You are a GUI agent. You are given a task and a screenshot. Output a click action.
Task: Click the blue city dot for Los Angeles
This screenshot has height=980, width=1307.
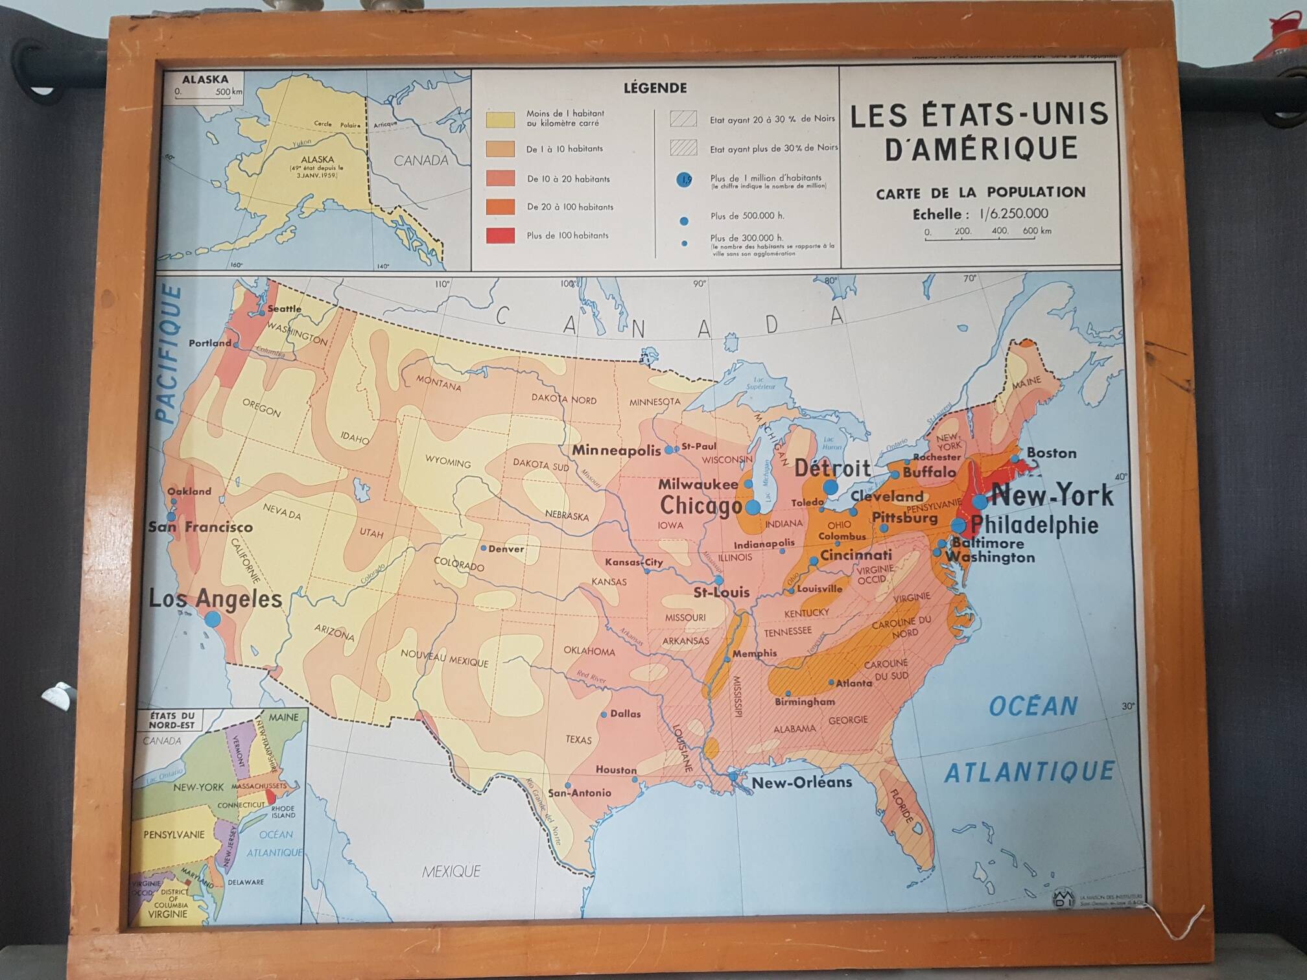click(x=213, y=619)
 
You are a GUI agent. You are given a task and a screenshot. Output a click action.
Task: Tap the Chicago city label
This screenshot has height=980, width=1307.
click(x=701, y=505)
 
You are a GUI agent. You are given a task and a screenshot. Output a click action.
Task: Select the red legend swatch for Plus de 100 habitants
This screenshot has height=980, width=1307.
click(x=500, y=235)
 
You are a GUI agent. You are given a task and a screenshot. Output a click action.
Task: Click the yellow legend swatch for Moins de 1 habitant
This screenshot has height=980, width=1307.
click(x=500, y=119)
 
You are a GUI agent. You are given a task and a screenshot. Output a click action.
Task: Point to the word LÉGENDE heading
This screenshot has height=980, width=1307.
click(x=655, y=88)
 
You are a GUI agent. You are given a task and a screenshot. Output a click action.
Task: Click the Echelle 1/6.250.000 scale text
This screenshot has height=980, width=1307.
click(x=980, y=214)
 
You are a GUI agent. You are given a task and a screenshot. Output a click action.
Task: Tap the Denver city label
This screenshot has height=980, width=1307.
click(x=506, y=549)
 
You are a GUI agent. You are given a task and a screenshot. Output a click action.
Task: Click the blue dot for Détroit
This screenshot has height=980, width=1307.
click(x=830, y=487)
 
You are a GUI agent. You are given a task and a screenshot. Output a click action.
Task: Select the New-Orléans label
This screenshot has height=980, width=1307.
click(x=801, y=782)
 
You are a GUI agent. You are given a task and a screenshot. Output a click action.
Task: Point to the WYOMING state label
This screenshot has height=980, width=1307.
click(x=448, y=462)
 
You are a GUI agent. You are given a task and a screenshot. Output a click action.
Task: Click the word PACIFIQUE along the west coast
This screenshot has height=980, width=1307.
click(x=168, y=355)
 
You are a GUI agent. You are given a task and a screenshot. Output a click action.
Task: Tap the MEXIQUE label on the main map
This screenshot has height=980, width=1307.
click(x=451, y=872)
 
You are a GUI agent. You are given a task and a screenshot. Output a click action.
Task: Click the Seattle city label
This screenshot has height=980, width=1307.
click(x=284, y=309)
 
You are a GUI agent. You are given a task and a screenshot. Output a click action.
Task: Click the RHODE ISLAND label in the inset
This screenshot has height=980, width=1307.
click(x=283, y=811)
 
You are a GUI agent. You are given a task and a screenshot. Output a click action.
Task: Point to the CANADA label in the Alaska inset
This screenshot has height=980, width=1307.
click(x=421, y=160)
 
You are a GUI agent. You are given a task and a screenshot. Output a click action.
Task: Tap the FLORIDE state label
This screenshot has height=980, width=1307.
click(x=902, y=806)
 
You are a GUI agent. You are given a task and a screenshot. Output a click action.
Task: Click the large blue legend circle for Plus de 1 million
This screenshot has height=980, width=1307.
click(x=685, y=180)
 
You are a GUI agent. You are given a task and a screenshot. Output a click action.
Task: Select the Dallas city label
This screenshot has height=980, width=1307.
click(x=625, y=714)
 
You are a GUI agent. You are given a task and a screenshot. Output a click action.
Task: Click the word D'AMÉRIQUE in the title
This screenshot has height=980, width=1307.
click(x=981, y=149)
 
